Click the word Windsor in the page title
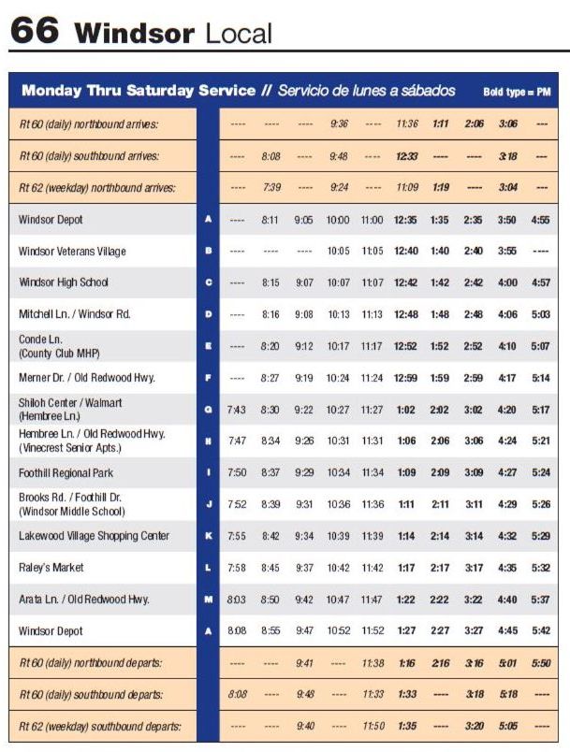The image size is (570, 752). pos(135,34)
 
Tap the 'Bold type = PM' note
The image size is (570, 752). pos(517,92)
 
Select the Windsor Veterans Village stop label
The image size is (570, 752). pos(72,252)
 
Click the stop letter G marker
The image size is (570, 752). pos(208,410)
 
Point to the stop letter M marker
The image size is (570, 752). pos(208,600)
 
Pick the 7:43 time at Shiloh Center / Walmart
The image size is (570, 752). pos(237,410)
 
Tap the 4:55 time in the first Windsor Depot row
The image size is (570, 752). pos(540,220)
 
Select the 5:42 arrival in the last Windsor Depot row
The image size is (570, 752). pos(540,631)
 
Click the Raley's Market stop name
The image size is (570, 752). pos(51,568)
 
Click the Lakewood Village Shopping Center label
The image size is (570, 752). pos(94,536)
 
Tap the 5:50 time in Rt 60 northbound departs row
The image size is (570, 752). pos(540,663)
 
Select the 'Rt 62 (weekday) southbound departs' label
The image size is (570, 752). pos(100,726)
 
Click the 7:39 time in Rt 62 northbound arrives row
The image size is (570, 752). pos(270,188)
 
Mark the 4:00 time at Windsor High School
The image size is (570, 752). pos(507,282)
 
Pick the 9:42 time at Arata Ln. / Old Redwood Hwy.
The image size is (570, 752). pos(304,600)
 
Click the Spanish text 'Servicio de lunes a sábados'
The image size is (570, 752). pos(366,91)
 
